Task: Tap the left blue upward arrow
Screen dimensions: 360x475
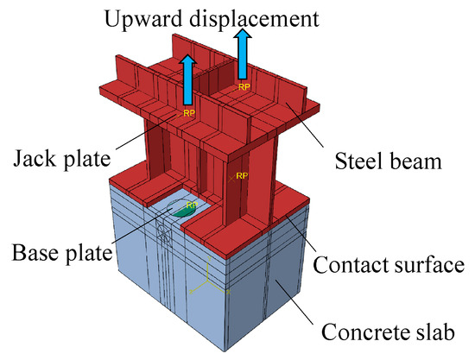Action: tap(187, 81)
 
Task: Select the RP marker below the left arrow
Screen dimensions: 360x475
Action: tap(187, 112)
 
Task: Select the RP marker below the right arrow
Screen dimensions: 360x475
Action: tap(244, 87)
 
